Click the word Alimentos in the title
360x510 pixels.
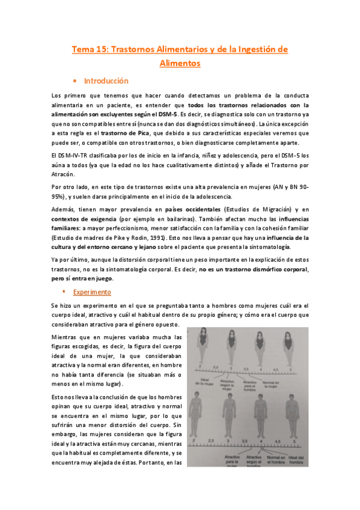180,62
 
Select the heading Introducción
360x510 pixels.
106,81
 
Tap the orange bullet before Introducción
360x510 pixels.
74,81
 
